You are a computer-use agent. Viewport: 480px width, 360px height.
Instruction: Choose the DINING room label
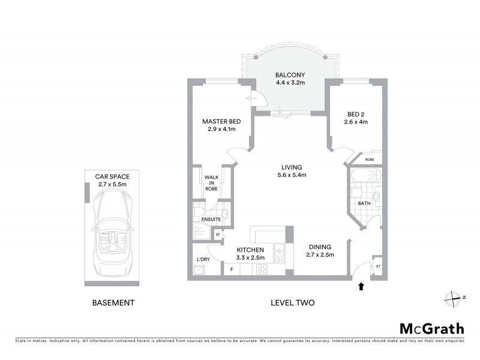[x=320, y=247]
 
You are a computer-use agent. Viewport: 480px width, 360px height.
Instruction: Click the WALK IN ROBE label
[x=211, y=183]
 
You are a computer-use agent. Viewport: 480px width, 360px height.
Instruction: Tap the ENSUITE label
[x=211, y=220]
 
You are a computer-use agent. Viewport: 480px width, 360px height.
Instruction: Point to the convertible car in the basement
[x=112, y=235]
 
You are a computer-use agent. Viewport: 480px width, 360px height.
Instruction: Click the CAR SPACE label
[x=112, y=176]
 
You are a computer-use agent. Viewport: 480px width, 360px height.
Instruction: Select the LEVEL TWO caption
[x=293, y=303]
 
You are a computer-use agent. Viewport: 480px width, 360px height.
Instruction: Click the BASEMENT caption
[x=113, y=303]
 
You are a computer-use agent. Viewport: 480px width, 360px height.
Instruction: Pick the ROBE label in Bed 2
[x=370, y=160]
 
